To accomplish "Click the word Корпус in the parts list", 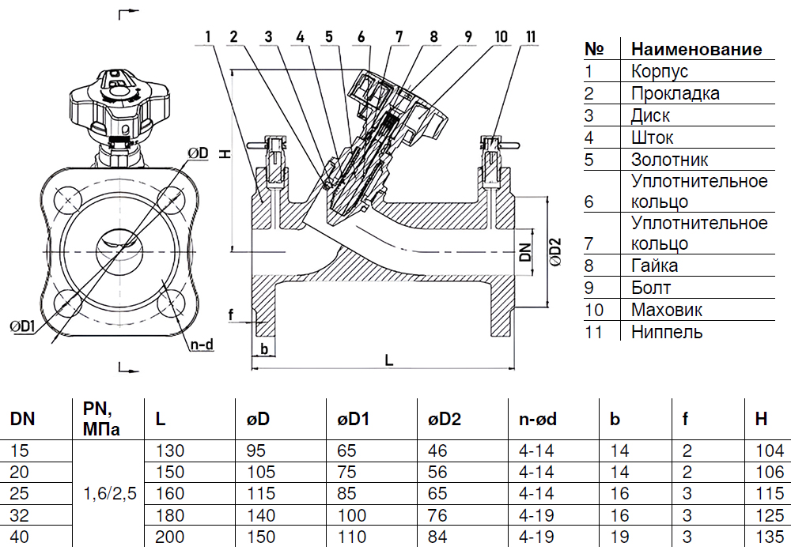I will [x=660, y=71].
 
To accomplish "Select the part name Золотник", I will [x=669, y=160].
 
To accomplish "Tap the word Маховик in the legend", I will [x=667, y=310].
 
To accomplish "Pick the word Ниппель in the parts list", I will [x=667, y=332].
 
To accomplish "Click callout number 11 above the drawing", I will [x=531, y=36].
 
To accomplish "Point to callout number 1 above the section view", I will [x=207, y=36].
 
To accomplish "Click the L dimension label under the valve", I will [x=388, y=360].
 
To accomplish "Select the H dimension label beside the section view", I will [x=225, y=154].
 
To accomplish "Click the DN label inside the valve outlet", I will [x=524, y=252].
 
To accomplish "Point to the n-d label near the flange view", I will [x=201, y=345].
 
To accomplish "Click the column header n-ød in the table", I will [x=538, y=419].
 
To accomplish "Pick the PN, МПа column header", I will [x=100, y=419].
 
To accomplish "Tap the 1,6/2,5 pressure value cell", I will [x=110, y=495].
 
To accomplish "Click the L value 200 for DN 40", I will [x=170, y=537].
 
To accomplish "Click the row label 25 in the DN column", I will [x=18, y=495].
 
